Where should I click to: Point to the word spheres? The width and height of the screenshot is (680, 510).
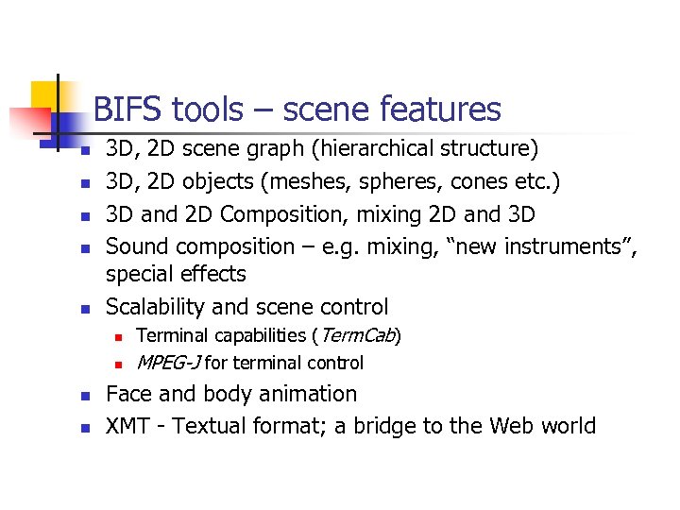coord(409,181)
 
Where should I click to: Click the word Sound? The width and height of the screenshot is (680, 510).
coord(135,247)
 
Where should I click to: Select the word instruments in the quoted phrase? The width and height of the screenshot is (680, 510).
coord(569,247)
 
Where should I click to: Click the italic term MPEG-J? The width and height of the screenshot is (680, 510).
coord(168,363)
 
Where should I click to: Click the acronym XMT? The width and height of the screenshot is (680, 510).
coord(127,426)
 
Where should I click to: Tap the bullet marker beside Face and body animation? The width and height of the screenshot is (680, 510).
coord(84,396)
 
